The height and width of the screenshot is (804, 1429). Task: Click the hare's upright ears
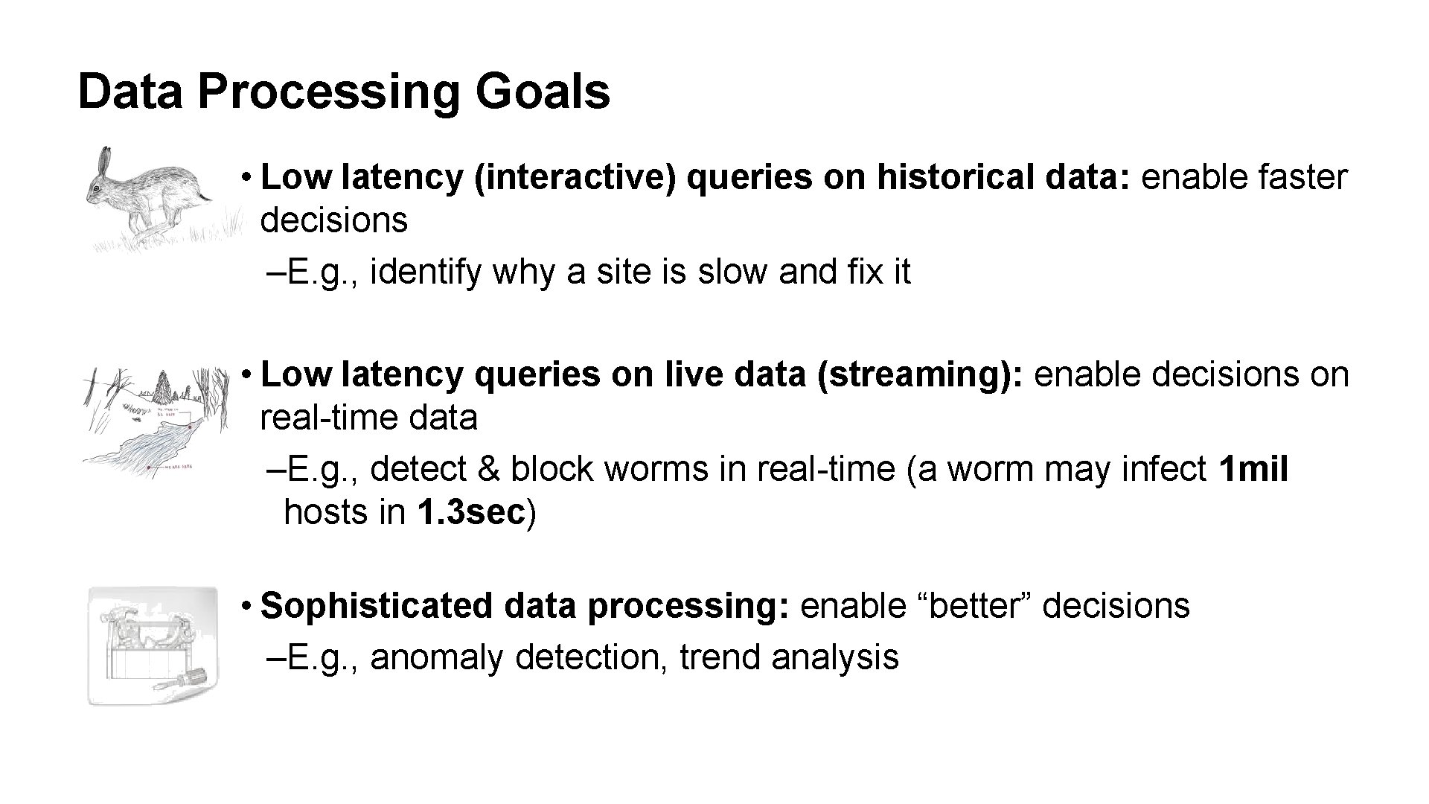[x=106, y=159]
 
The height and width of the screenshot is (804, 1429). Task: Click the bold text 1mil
[x=1253, y=470]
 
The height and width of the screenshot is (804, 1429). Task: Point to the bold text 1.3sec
[x=471, y=513]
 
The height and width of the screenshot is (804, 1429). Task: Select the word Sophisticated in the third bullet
[x=376, y=606]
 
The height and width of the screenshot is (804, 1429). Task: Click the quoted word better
[x=976, y=606]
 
